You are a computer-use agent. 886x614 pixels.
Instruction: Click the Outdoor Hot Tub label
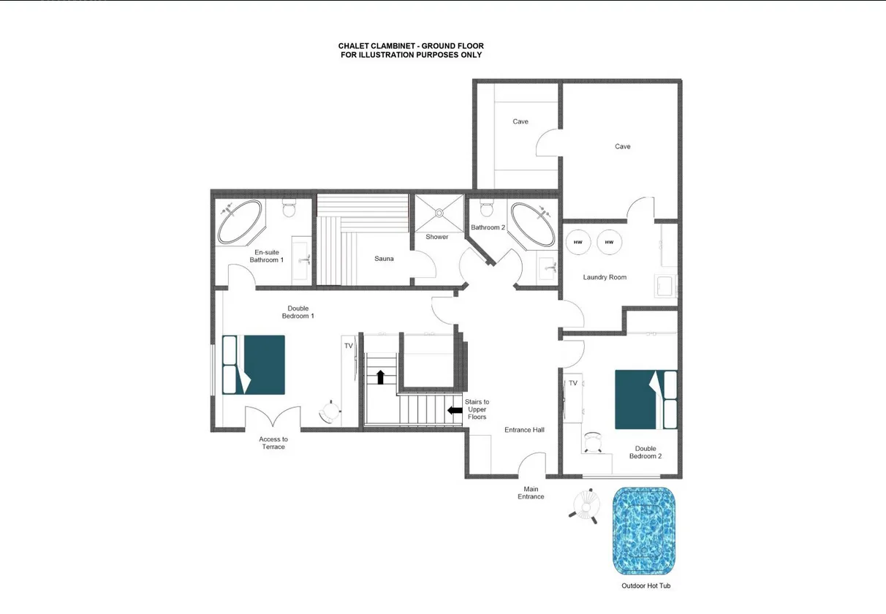point(646,585)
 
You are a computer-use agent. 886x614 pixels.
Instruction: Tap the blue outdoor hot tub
point(644,531)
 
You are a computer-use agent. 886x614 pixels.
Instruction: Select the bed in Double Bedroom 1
point(254,365)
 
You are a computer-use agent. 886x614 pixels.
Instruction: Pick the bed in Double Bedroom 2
point(646,400)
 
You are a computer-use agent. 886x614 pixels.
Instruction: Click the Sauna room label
point(384,258)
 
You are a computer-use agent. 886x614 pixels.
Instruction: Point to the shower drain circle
point(439,213)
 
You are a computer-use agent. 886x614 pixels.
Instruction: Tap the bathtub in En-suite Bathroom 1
point(240,222)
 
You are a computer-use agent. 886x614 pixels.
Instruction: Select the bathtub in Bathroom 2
point(533,224)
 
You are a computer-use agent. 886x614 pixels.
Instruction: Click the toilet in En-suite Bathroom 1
point(289,208)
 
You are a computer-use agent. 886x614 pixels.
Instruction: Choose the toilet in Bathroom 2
point(487,208)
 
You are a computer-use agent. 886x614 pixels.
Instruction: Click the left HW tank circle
point(578,242)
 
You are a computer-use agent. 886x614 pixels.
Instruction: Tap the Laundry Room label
point(605,277)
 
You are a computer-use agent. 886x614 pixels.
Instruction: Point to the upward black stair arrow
point(381,377)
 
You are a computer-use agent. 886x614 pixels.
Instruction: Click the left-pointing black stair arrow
point(455,410)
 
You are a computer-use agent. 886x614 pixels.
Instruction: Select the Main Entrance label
point(531,493)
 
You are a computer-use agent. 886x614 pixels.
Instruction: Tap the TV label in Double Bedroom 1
point(349,346)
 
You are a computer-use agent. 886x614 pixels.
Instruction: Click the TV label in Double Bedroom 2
point(573,383)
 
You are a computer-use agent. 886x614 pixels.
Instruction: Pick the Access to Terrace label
point(273,443)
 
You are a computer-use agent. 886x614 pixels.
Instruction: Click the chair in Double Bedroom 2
point(593,442)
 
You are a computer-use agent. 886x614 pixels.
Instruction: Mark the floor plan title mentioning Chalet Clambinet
point(411,50)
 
